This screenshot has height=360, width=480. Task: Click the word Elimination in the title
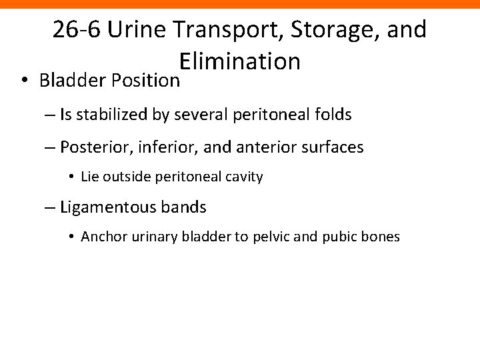(x=240, y=62)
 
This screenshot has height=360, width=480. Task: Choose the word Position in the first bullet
(x=147, y=80)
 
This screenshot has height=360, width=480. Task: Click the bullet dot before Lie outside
(x=71, y=177)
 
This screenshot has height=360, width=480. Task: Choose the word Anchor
(x=99, y=237)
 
